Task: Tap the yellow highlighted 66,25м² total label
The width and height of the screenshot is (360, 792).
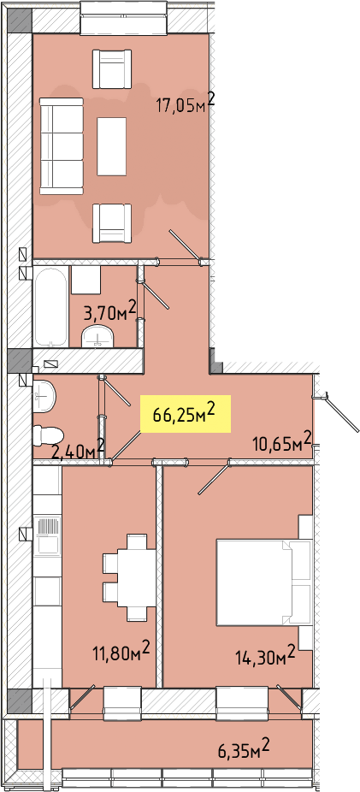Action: [186, 414]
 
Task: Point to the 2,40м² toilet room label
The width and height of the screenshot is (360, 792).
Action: [79, 448]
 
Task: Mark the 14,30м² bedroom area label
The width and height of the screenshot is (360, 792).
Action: [265, 655]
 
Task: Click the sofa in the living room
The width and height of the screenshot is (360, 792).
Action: [61, 146]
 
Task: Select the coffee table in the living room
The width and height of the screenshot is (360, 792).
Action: [111, 146]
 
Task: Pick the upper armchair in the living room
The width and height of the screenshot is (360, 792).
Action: [111, 69]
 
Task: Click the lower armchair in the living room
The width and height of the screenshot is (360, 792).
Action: [111, 222]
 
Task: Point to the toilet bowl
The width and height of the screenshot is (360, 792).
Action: [48, 435]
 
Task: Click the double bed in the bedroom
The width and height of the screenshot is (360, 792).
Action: [263, 582]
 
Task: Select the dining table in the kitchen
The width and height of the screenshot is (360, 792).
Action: [136, 577]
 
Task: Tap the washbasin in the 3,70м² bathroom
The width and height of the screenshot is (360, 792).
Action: [98, 336]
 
